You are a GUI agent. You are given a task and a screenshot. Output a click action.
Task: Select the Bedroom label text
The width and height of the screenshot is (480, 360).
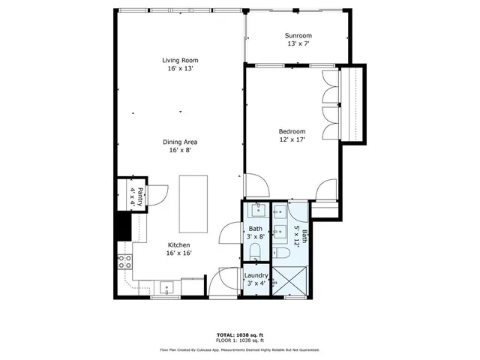coord(292,131)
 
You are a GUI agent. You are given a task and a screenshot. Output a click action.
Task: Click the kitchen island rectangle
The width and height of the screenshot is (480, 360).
coord(192,203)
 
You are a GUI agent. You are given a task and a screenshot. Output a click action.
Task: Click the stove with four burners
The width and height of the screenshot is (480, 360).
coord(124,262)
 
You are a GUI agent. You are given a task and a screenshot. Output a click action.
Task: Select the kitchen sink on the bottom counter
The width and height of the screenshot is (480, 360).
coord(166,286)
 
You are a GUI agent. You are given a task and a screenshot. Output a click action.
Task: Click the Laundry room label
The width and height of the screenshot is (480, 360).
coord(256,275)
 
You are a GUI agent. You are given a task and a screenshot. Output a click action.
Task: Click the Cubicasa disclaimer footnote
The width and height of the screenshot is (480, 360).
coord(239,349)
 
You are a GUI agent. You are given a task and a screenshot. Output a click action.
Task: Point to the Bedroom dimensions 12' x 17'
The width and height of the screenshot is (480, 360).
coord(292,139)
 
